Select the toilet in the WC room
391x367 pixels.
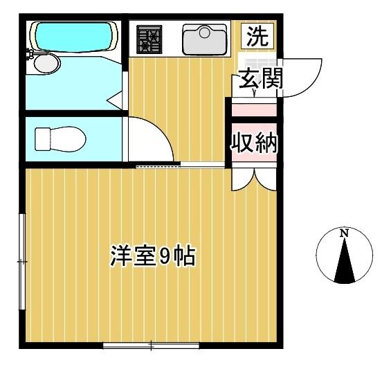click(60, 138)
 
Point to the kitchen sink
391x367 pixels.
click(205, 39)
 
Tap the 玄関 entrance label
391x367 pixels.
click(261, 79)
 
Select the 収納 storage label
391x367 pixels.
click(254, 143)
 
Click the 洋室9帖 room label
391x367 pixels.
click(152, 256)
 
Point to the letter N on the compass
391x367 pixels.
click(344, 233)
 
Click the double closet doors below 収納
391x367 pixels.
click(254, 178)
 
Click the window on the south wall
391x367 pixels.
click(151, 343)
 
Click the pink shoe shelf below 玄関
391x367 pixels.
click(253, 109)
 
